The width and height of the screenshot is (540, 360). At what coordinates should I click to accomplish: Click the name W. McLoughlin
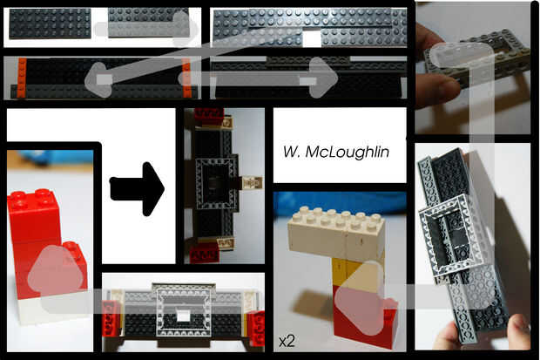[336, 151]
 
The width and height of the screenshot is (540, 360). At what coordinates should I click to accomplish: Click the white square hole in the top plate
[312, 37]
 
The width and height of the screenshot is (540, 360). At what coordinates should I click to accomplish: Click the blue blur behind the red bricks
[52, 160]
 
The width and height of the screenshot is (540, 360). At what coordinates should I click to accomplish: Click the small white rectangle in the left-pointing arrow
[105, 81]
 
